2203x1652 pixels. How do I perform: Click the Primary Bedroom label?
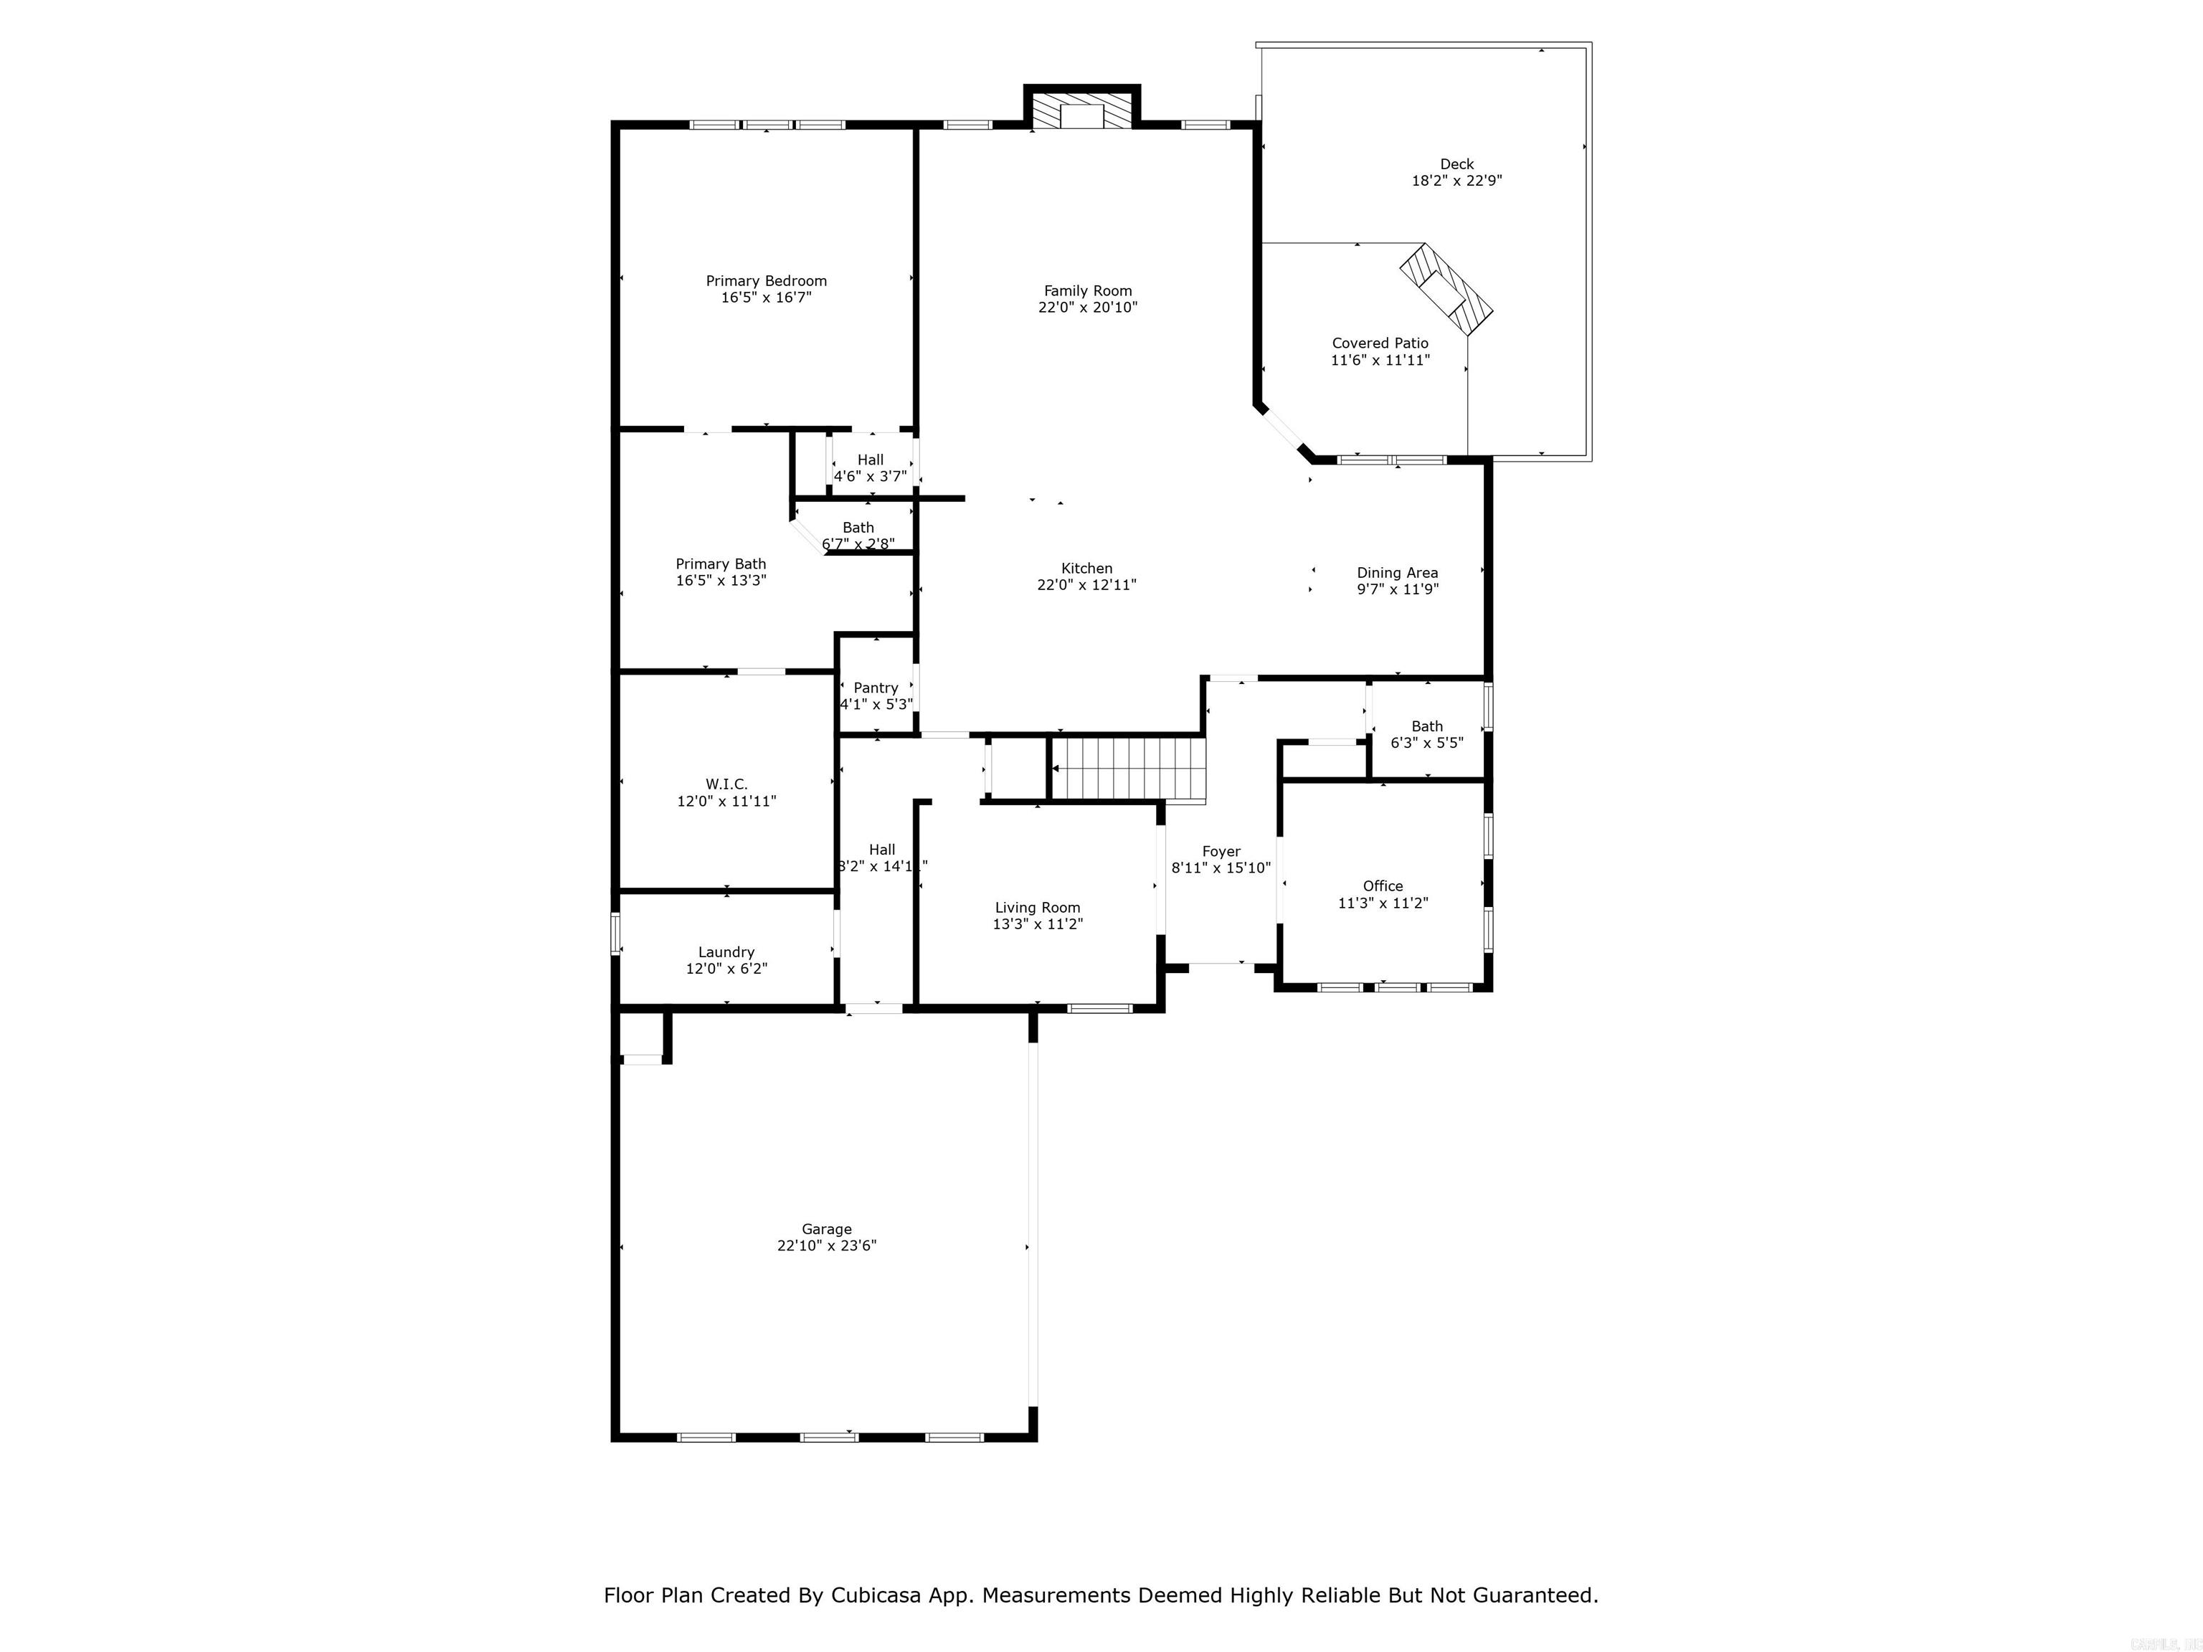(766, 281)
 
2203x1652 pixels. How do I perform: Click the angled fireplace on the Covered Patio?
(1447, 288)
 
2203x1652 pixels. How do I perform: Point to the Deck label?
(1456, 164)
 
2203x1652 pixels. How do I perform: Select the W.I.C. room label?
(726, 784)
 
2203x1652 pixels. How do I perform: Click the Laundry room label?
(726, 952)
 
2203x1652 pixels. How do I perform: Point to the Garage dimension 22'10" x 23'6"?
(827, 1245)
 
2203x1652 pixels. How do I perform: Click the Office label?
(1383, 886)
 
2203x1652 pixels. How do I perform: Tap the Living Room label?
(1037, 907)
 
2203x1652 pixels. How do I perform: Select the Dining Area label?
(1396, 573)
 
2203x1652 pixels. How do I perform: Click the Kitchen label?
(1086, 569)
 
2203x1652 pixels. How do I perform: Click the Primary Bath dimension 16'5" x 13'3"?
(721, 581)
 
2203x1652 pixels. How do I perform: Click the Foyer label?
(1221, 851)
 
